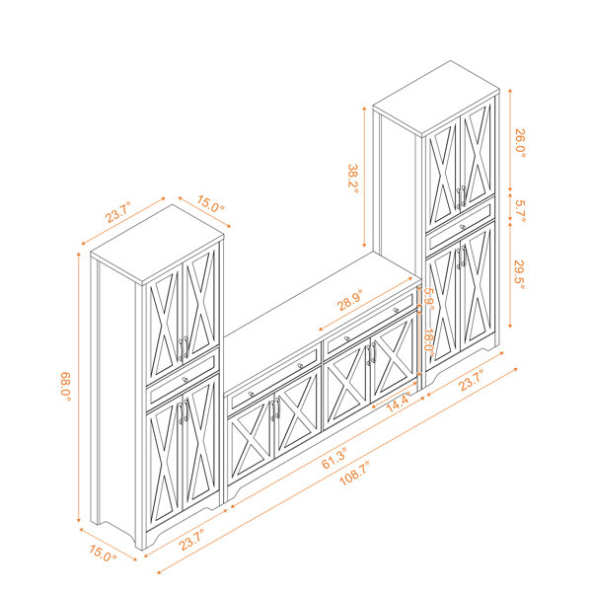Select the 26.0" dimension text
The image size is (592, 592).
[x=521, y=143]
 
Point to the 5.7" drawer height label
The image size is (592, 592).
[x=521, y=211]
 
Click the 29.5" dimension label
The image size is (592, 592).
[x=520, y=275]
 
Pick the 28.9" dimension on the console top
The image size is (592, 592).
[x=349, y=300]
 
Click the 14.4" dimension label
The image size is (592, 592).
[x=399, y=404]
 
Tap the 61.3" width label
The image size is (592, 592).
[x=334, y=459]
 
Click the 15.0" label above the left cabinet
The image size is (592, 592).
[x=210, y=204]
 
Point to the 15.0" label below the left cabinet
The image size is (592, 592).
[x=103, y=553]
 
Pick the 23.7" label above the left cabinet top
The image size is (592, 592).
[x=117, y=212]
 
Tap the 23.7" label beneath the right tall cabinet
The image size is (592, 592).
[x=472, y=380]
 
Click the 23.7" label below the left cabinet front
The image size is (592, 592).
[x=191, y=539]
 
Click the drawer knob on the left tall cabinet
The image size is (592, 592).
[x=185, y=380]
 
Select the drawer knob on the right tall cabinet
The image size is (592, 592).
[x=463, y=227]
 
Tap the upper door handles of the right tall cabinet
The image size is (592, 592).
[x=461, y=196]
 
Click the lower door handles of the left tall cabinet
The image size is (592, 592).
[x=184, y=411]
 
